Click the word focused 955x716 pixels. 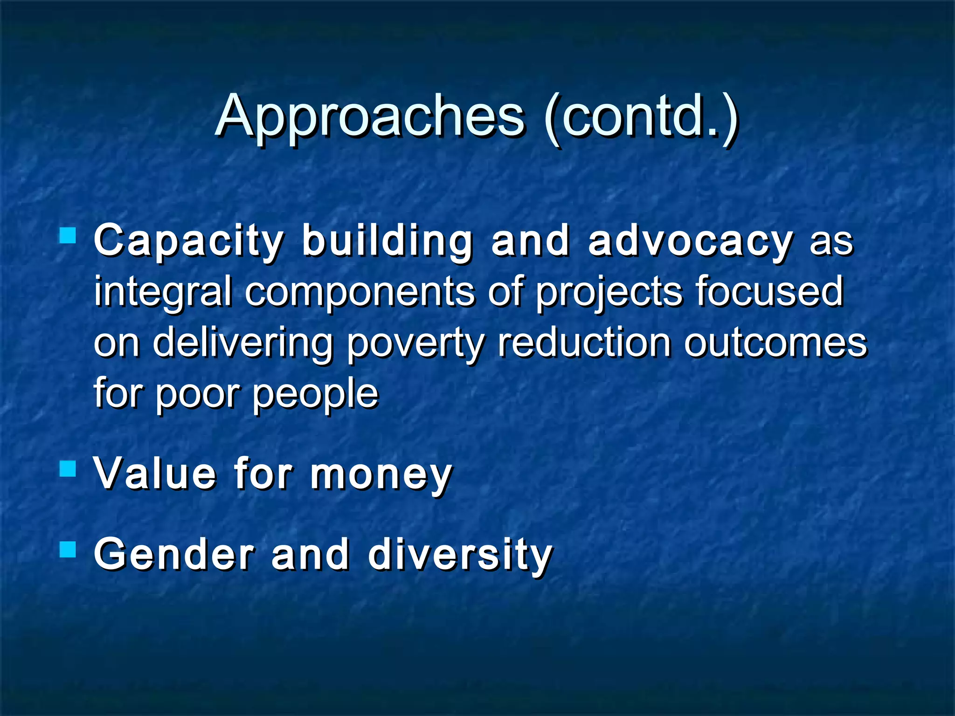769,291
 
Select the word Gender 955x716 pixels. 174,555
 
